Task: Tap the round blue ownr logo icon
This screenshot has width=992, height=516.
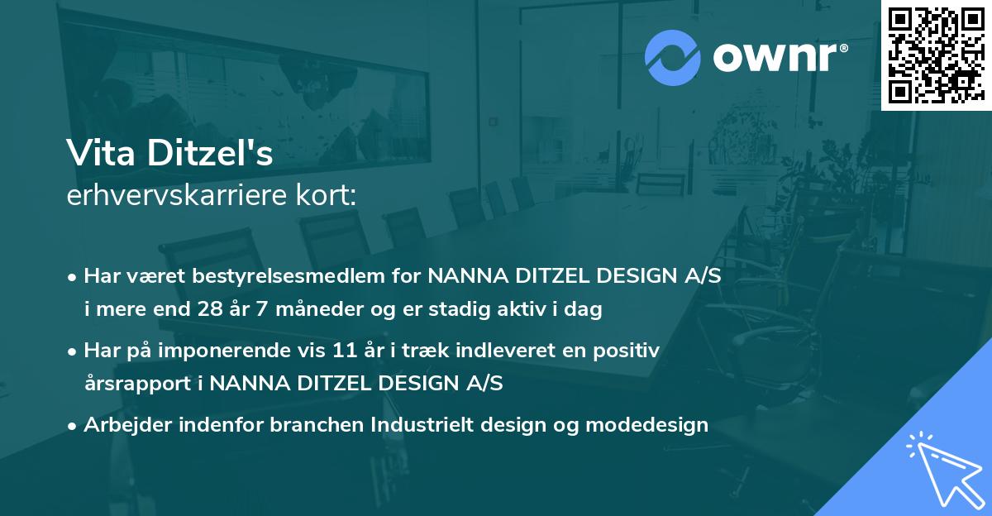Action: tap(672, 56)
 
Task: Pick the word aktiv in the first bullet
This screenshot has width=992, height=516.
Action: tap(513, 310)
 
